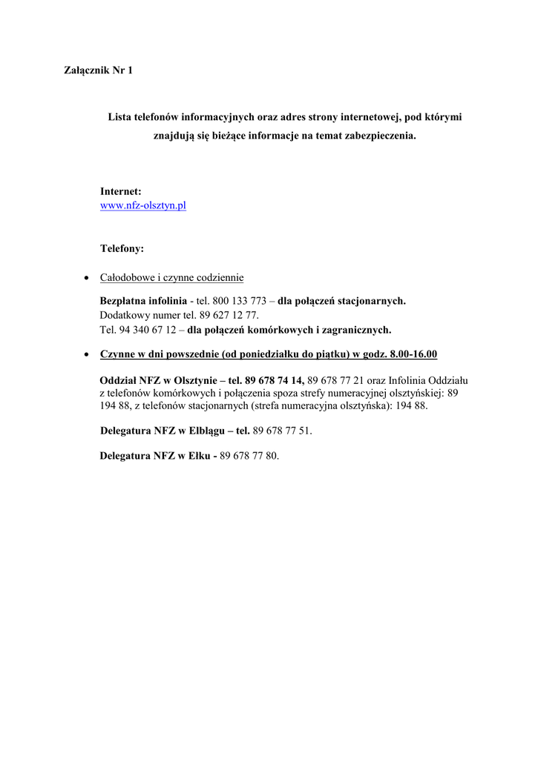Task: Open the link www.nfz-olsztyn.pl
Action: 142,205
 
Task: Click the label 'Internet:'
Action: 120,191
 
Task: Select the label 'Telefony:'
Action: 122,248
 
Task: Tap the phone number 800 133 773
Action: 239,301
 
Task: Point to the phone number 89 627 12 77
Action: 228,315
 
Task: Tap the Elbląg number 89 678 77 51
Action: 282,431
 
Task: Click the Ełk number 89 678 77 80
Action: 249,456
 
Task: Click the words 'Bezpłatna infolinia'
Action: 143,301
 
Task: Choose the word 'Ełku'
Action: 196,456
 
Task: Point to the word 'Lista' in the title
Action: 119,117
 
